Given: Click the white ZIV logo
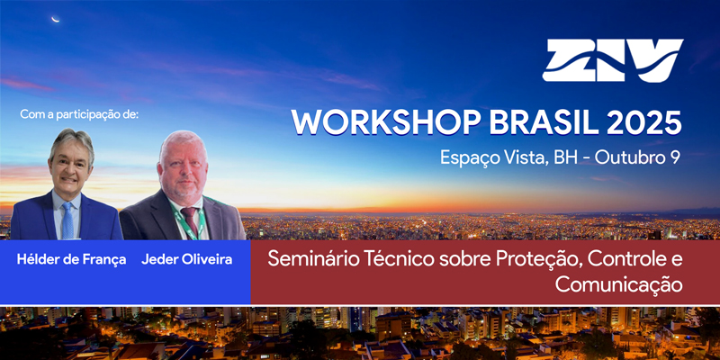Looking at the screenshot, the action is click(x=613, y=60).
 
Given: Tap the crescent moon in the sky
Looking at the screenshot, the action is click(x=56, y=19).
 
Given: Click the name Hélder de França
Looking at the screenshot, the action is click(x=71, y=260).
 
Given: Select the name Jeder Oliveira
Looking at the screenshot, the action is click(x=187, y=259).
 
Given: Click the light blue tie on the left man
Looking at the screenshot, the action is click(x=68, y=220).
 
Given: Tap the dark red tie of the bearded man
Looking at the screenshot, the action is click(x=190, y=221).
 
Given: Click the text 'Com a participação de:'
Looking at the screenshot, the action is click(x=79, y=114).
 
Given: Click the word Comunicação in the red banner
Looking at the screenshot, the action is click(x=618, y=284).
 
